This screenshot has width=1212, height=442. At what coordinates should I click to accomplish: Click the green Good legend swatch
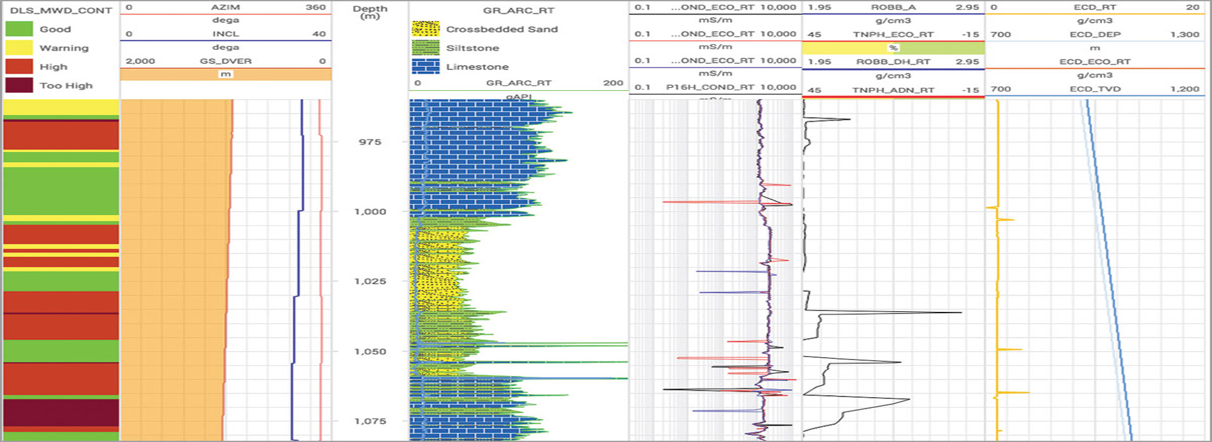click(x=19, y=29)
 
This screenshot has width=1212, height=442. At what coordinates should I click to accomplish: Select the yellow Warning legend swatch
click(x=19, y=48)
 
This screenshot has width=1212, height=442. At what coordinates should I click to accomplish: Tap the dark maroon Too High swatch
click(x=19, y=85)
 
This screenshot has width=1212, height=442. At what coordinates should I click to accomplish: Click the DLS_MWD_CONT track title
click(x=61, y=10)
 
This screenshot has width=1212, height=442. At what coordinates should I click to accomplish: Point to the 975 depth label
click(x=370, y=142)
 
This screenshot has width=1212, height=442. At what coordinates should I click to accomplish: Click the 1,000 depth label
click(x=370, y=212)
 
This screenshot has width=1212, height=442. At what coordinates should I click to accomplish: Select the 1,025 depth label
click(x=370, y=281)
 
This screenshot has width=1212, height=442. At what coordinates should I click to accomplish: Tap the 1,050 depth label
click(x=370, y=351)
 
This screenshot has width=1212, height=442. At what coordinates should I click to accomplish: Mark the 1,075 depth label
click(x=370, y=421)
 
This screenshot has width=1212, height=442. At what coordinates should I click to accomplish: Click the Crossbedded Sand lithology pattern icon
click(x=425, y=29)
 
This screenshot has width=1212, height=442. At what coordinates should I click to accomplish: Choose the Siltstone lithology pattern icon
click(x=425, y=48)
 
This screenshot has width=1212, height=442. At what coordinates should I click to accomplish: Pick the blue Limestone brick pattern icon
click(x=425, y=66)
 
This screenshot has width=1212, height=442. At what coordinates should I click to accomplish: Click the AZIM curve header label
click(x=225, y=7)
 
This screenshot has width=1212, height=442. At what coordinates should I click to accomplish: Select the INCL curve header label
click(x=225, y=34)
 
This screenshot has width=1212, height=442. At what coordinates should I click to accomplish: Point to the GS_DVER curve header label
click(x=225, y=61)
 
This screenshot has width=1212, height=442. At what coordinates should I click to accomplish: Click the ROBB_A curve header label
click(x=893, y=7)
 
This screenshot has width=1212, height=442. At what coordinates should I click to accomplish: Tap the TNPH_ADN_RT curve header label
click(x=893, y=90)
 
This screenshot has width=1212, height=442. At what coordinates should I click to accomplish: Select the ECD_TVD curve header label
click(x=1095, y=89)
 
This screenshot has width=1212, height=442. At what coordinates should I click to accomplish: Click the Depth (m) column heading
click(x=370, y=11)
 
